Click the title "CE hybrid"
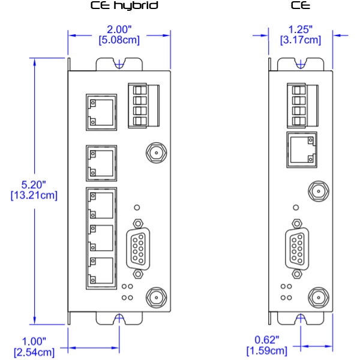(x=124, y=7)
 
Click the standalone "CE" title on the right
(x=300, y=7)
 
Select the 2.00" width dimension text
(x=119, y=29)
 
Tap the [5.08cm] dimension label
(x=119, y=40)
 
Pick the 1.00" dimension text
(x=34, y=341)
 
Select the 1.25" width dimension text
(x=301, y=29)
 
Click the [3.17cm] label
(x=301, y=40)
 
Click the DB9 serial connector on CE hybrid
(x=138, y=247)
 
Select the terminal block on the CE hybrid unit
(x=144, y=106)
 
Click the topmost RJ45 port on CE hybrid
(x=101, y=111)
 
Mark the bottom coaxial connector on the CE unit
(x=317, y=297)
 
